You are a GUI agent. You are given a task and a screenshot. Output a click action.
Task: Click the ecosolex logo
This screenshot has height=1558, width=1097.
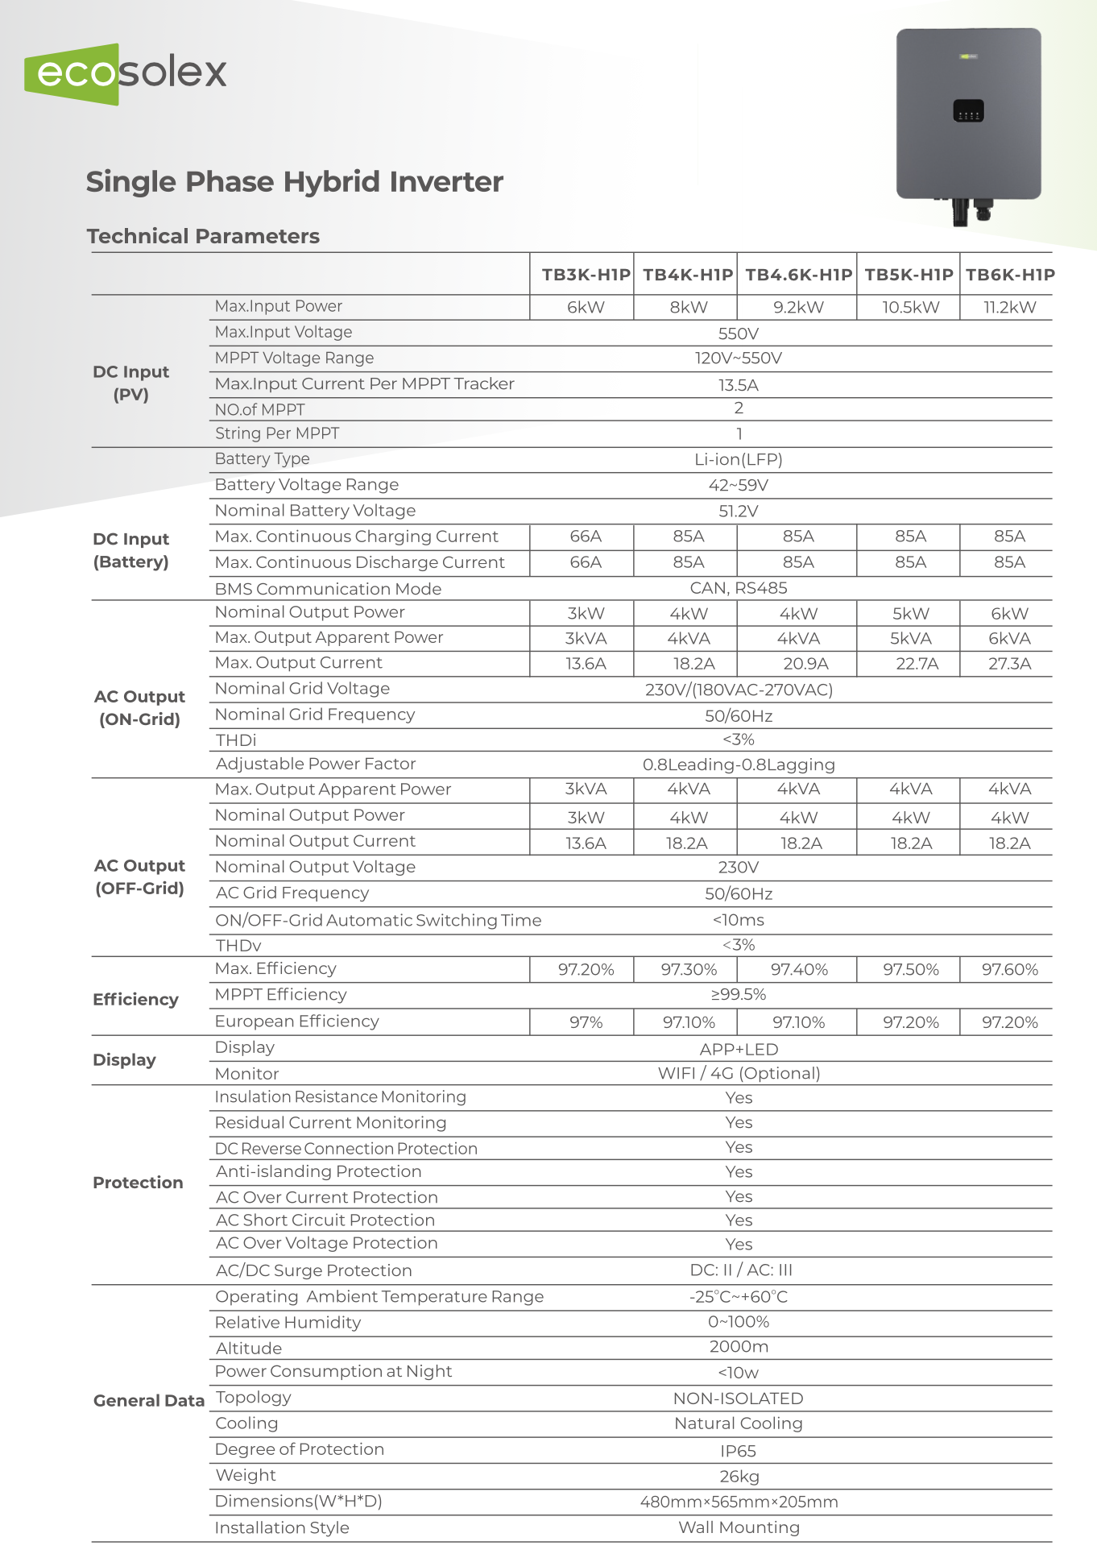point(126,73)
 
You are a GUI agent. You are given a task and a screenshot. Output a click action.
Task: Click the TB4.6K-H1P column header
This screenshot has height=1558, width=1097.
point(798,275)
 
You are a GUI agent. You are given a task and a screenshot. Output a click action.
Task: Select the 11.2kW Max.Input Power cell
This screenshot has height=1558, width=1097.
point(1009,308)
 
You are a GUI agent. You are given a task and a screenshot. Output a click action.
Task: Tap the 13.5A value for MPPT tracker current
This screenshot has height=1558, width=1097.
point(739,385)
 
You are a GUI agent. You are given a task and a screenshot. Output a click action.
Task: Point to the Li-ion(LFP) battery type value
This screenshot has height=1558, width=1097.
point(739,459)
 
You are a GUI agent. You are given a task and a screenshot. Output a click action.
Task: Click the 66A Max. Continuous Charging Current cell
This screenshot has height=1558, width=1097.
point(586,537)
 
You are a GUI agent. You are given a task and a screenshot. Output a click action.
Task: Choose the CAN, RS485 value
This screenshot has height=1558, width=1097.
point(739,588)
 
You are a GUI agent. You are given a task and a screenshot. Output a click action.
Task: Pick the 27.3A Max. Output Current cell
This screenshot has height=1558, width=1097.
point(1009,664)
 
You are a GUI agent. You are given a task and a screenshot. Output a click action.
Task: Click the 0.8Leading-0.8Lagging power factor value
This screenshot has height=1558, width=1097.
point(739,764)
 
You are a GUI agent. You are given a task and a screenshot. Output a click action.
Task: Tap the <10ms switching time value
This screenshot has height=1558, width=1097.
point(739,920)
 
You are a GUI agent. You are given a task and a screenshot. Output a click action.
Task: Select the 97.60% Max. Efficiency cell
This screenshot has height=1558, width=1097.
point(1009,970)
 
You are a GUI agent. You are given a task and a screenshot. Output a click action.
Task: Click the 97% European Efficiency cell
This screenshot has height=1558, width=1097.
point(586,1022)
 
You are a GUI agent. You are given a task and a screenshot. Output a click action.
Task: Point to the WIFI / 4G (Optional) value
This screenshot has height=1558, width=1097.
point(739,1073)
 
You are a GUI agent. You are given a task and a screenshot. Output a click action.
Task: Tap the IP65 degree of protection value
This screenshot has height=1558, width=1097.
point(739,1451)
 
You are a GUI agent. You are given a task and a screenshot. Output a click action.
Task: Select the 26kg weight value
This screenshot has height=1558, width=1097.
point(739,1477)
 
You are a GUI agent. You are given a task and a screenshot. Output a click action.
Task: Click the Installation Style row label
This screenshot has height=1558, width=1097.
point(282,1527)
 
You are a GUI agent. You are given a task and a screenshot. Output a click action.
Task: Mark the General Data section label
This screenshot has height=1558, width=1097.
point(149,1400)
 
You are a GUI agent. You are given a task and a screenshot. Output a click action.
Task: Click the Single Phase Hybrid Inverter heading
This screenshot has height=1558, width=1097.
point(295,182)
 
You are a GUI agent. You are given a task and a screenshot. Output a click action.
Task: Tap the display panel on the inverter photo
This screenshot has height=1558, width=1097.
point(968,111)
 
